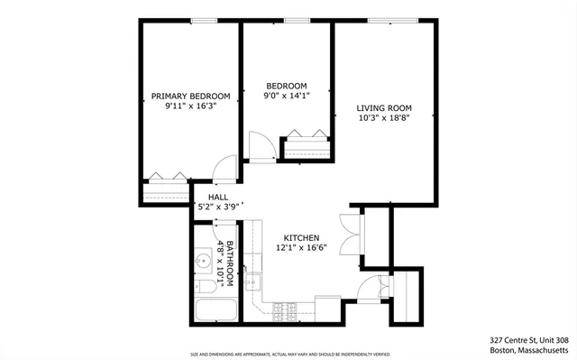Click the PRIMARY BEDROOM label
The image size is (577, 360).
click(x=190, y=96)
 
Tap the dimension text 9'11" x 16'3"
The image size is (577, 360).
click(x=190, y=106)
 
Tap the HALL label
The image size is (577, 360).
click(x=217, y=197)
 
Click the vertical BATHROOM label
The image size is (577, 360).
click(x=229, y=263)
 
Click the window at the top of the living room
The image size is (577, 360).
click(x=390, y=20)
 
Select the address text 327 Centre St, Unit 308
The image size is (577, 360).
click(x=522, y=340)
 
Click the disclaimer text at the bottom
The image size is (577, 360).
click(x=288, y=355)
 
